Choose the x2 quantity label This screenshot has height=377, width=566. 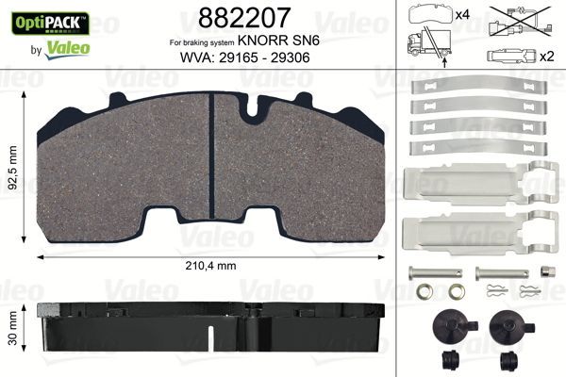click(545, 57)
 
